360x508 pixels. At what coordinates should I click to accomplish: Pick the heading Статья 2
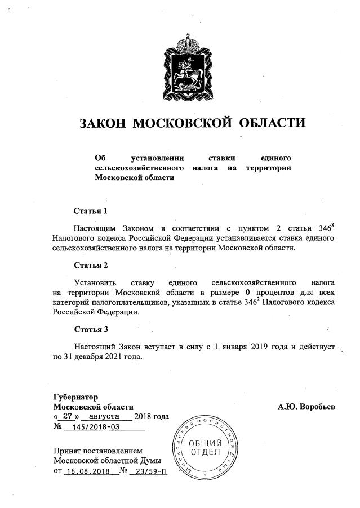[x=91, y=264]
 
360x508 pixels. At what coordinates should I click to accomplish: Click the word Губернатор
[x=75, y=395]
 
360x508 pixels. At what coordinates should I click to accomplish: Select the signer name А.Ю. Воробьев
[x=306, y=406]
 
